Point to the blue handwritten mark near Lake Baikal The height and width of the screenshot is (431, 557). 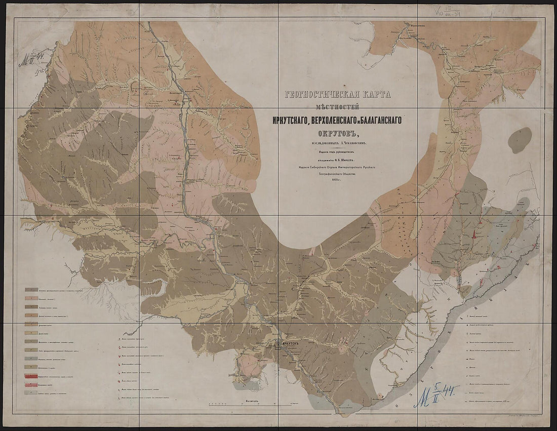pos(435,394)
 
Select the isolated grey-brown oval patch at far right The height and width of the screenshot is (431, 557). pos(520,140)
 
